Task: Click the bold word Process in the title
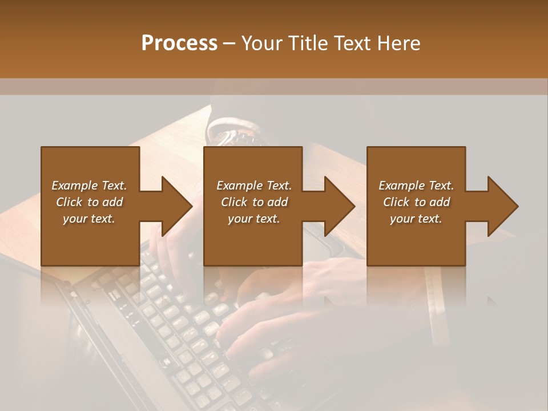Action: click(x=179, y=43)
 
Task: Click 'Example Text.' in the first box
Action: click(x=89, y=186)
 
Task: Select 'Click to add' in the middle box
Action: click(x=254, y=202)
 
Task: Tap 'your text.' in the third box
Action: click(x=416, y=219)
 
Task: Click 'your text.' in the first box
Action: click(x=89, y=219)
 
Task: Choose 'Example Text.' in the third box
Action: click(x=416, y=186)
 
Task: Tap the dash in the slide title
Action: click(x=229, y=43)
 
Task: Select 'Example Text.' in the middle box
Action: click(x=254, y=186)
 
